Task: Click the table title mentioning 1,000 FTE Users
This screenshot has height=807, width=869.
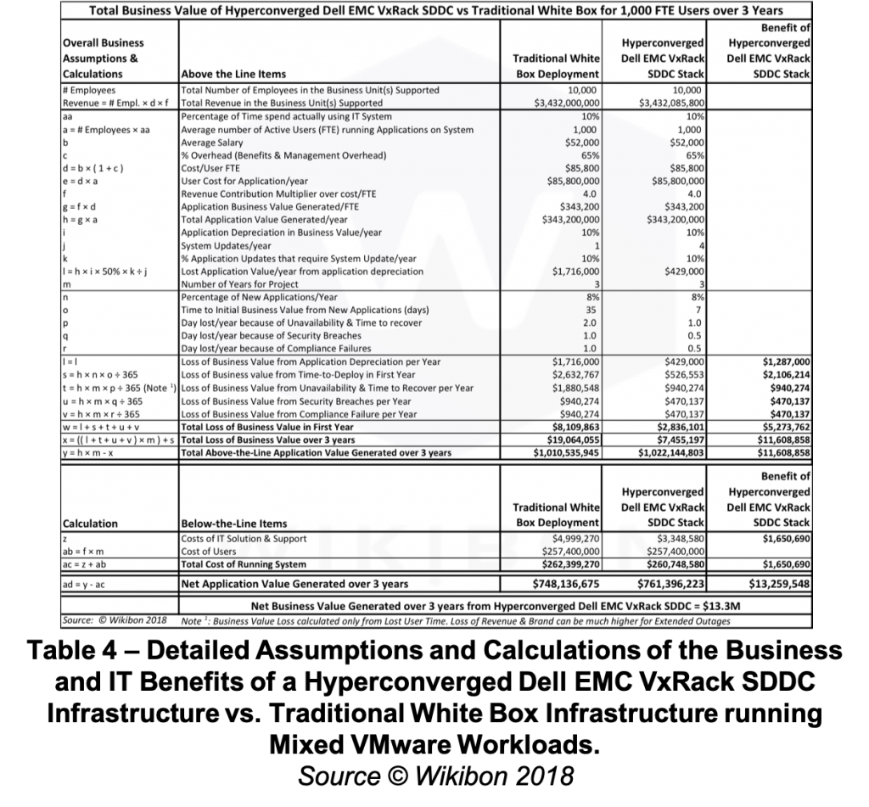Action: click(435, 11)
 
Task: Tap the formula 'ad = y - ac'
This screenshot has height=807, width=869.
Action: click(91, 583)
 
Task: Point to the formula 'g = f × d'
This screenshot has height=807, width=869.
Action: click(85, 206)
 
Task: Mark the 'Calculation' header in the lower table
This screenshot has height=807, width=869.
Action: click(91, 524)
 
